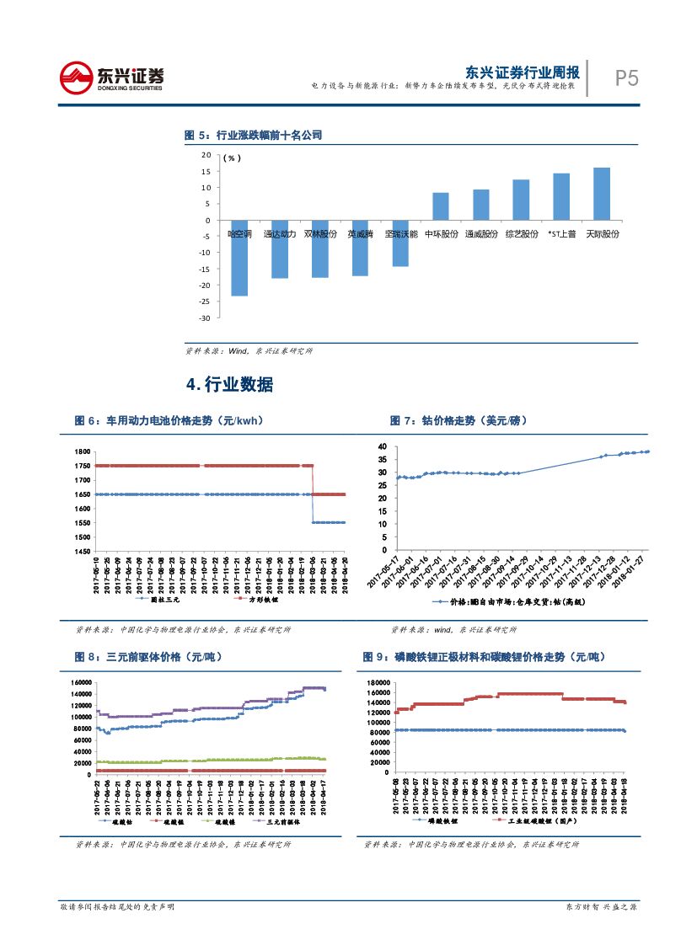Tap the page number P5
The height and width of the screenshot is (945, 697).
coord(626,79)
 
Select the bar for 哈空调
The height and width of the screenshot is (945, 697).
coord(239,258)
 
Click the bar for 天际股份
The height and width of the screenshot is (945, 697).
coord(602,194)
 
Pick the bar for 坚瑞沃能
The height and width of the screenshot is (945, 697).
coord(400,243)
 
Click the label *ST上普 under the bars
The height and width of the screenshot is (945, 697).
coord(561,234)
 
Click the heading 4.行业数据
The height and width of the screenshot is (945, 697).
coord(229,385)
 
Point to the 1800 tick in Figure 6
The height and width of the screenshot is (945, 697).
coord(82,452)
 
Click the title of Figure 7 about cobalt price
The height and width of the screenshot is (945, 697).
coord(459,420)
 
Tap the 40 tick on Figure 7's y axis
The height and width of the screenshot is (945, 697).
coord(381,446)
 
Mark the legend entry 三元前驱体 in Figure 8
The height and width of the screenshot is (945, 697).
coord(278,822)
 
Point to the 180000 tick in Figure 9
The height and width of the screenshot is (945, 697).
coord(378,682)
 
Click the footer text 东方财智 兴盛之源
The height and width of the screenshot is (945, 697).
coord(599,907)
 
